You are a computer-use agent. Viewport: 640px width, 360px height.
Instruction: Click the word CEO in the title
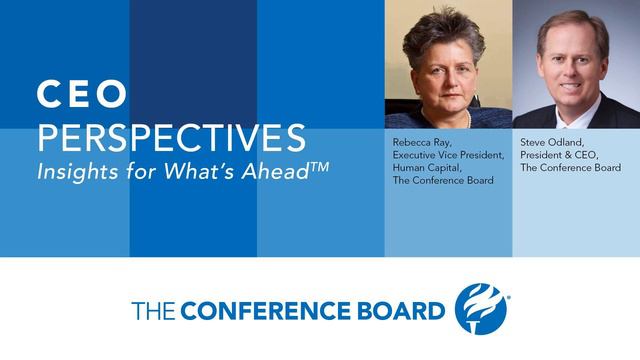(x=82, y=95)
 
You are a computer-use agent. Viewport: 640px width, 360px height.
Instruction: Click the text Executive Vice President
(x=445, y=156)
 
